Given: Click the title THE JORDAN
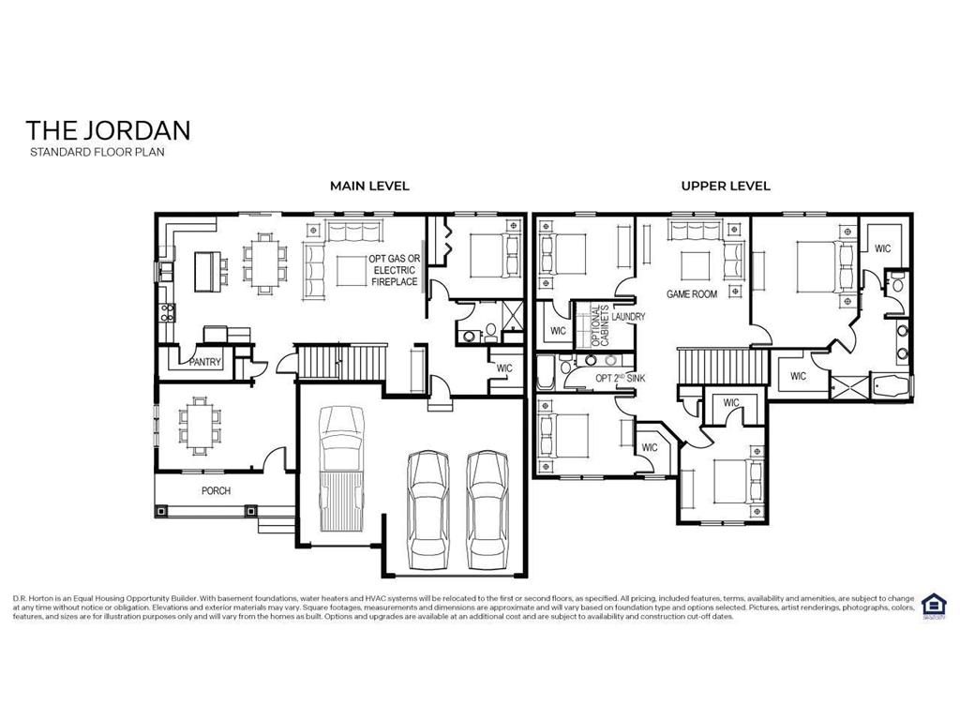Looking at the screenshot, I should pyautogui.click(x=108, y=129).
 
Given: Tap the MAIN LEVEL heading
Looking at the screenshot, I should pyautogui.click(x=369, y=186).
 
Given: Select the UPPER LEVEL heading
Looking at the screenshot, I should pyautogui.click(x=726, y=186).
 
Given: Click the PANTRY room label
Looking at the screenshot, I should pyautogui.click(x=204, y=362).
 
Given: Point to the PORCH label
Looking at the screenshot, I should pyautogui.click(x=216, y=490).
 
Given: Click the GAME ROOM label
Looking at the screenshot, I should pyautogui.click(x=692, y=293).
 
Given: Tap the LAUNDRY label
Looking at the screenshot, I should pyautogui.click(x=630, y=317).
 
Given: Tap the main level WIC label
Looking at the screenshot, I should pyautogui.click(x=504, y=367).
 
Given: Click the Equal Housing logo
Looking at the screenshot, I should pyautogui.click(x=933, y=605).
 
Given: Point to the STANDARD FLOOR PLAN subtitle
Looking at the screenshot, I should pyautogui.click(x=97, y=151).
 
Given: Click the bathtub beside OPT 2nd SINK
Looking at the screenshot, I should pyautogui.click(x=545, y=371).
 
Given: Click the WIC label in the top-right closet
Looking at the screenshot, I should pyautogui.click(x=882, y=248).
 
